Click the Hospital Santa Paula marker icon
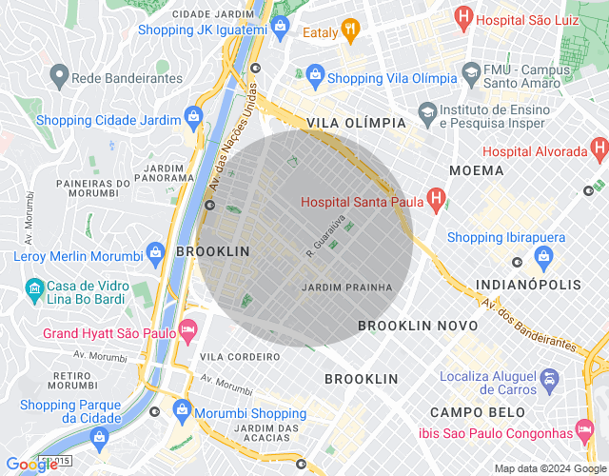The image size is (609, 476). [437, 200]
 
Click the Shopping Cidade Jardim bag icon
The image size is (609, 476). [194, 119]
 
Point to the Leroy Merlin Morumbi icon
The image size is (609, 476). [154, 254]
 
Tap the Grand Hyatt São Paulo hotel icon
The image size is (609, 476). [188, 333]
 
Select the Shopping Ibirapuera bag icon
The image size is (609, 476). [543, 254]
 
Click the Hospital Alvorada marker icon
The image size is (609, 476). [599, 150]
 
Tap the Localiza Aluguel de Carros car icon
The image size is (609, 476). [549, 383]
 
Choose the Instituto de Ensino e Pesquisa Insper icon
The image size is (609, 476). [427, 111]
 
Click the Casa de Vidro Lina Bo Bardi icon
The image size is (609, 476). [34, 287]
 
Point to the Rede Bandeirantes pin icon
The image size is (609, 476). [58, 76]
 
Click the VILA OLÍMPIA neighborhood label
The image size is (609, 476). [356, 124]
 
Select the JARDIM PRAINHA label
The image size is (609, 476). [346, 287]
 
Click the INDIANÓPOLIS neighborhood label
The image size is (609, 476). [528, 285]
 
